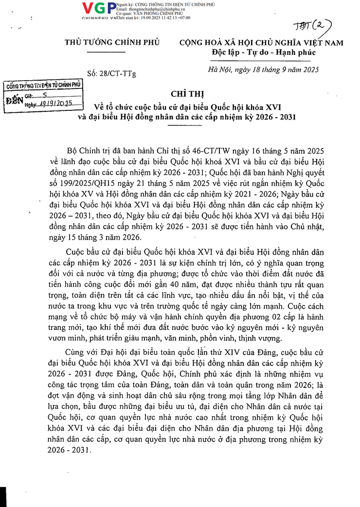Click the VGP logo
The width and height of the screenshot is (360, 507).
coord(99,8)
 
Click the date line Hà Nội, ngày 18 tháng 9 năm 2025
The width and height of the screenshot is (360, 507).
coord(263,70)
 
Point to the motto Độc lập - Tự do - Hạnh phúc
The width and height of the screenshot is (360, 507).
coord(263,52)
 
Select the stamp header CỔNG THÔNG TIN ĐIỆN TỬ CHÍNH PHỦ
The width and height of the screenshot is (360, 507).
coord(43,86)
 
